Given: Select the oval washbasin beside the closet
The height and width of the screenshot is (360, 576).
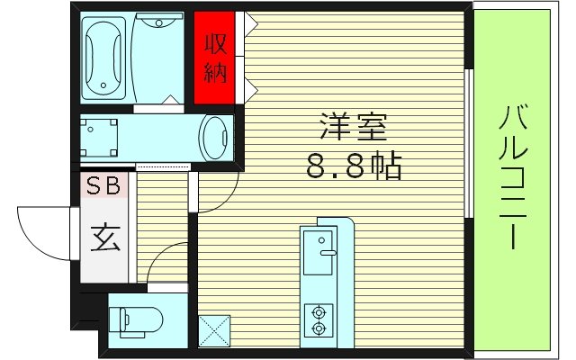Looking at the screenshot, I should (216, 139).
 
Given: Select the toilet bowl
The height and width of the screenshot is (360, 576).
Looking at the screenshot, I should (139, 319).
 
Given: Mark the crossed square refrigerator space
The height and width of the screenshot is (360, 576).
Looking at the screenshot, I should (216, 330).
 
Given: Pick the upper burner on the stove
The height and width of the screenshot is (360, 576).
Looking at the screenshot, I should (318, 313).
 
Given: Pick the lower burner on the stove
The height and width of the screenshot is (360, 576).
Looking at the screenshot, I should (318, 330).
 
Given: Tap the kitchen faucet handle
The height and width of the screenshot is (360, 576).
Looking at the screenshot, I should (326, 255).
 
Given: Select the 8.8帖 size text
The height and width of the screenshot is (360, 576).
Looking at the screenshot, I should (352, 166).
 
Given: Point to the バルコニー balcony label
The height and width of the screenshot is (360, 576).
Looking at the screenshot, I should (514, 176).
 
